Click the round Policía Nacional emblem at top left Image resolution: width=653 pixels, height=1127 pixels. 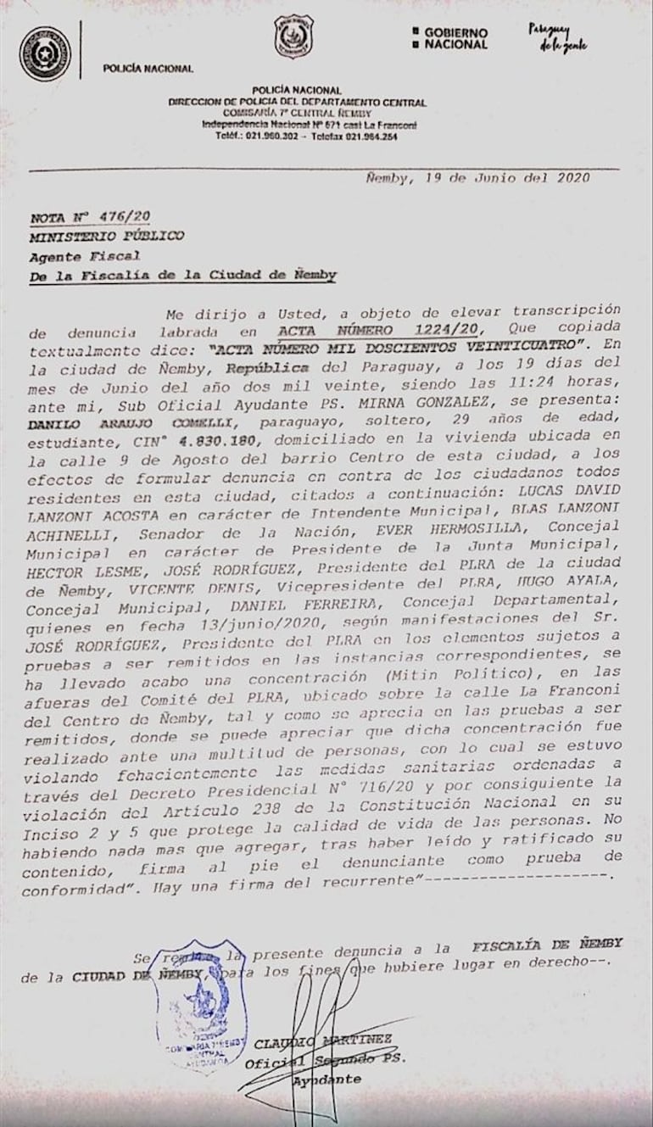[x=45, y=53]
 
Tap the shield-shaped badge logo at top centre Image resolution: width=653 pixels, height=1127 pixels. [x=293, y=36]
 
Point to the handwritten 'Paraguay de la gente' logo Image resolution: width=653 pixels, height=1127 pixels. [x=557, y=37]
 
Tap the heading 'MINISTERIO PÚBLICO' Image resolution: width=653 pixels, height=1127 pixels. [x=106, y=236]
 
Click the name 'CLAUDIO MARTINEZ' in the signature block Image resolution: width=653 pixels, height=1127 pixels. [x=323, y=1041]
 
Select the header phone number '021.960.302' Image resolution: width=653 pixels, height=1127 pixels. [x=269, y=136]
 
